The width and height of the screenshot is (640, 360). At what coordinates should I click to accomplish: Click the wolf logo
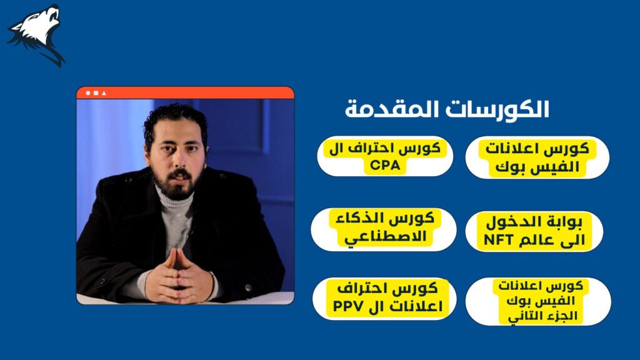click(36, 35)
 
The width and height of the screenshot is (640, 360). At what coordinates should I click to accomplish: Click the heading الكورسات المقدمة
click(447, 109)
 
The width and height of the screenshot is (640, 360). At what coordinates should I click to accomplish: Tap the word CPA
click(385, 166)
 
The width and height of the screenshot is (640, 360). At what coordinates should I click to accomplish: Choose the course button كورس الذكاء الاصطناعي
click(384, 229)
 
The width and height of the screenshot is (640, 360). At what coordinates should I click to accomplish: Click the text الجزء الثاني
click(542, 316)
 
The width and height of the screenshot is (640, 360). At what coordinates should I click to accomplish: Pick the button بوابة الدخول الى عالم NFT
click(534, 231)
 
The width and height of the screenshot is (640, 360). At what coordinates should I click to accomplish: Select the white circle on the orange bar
click(87, 93)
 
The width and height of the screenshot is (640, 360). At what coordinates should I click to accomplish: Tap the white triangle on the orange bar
click(104, 93)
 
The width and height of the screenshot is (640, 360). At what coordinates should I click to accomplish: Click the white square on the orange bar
click(96, 93)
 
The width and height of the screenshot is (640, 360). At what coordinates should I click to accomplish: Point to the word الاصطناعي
click(385, 237)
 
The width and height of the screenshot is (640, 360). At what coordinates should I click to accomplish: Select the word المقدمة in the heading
click(387, 109)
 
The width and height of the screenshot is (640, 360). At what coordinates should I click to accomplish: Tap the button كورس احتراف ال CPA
click(385, 156)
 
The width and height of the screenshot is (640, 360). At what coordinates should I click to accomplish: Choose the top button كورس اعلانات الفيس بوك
click(537, 157)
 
